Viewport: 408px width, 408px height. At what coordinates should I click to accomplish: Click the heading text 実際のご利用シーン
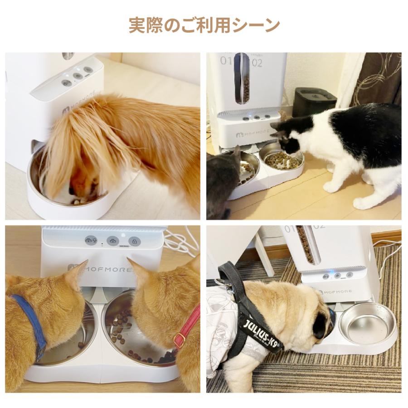tap(204, 25)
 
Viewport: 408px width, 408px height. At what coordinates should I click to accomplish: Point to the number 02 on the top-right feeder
tap(257, 62)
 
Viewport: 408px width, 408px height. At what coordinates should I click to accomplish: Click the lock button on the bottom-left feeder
tap(134, 241)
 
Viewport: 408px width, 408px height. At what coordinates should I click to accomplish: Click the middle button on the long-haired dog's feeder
tap(78, 76)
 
